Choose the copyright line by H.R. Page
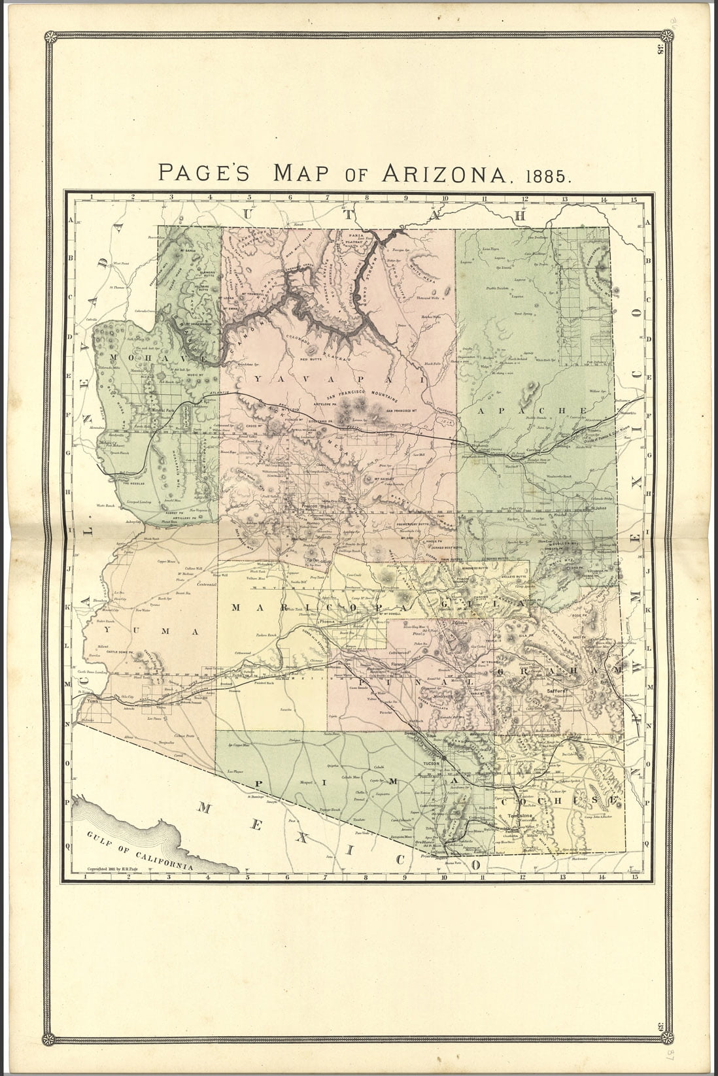(x=116, y=869)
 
